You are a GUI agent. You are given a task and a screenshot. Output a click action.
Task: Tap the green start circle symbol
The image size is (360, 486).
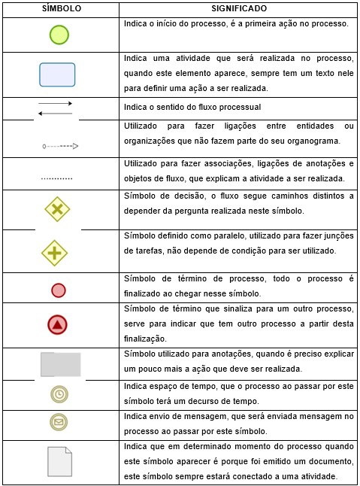coord(59,35)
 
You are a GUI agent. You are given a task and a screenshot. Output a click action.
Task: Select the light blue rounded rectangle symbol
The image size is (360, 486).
coord(58,74)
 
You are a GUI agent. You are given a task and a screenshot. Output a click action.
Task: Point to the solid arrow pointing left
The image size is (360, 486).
coord(55,113)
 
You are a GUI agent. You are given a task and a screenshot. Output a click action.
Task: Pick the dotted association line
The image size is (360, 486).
coord(56,179)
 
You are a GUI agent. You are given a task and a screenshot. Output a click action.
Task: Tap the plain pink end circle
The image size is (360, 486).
coord(59,290)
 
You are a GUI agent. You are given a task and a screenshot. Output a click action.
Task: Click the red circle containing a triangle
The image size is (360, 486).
coord(58,325)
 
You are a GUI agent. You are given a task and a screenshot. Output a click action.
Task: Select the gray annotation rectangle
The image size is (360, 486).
coord(60,364)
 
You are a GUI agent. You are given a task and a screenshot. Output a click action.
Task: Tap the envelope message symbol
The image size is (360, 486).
coord(58,421)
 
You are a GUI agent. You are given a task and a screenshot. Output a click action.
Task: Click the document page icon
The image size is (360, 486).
coord(59,460)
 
